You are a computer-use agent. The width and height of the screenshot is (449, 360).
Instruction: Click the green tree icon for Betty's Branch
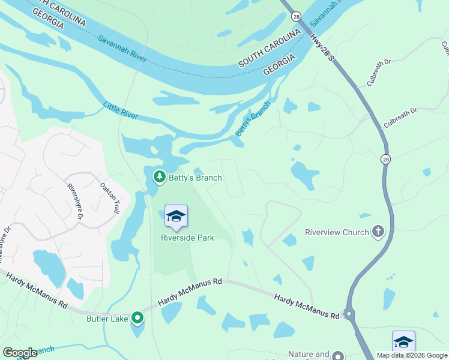(x=159, y=177)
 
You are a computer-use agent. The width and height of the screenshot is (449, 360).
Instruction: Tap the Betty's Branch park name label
(x=195, y=178)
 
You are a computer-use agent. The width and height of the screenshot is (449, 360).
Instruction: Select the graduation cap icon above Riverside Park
(x=176, y=217)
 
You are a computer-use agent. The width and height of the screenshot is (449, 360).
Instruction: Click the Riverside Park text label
(x=187, y=238)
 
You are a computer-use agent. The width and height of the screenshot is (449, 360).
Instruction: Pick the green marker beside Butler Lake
(x=137, y=318)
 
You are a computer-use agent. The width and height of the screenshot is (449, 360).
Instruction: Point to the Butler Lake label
(x=107, y=319)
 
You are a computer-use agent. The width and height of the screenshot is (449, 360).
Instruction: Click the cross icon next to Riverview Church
(x=378, y=232)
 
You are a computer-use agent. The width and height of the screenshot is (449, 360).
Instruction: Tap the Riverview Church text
(x=337, y=232)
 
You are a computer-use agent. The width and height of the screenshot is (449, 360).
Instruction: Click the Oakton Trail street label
(x=109, y=199)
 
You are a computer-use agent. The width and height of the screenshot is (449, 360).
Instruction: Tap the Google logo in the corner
(x=20, y=353)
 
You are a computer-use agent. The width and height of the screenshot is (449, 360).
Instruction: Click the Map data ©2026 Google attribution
(x=412, y=355)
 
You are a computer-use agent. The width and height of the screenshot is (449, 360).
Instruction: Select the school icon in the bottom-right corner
(x=403, y=343)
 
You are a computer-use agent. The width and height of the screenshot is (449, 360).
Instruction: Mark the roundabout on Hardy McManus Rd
(x=349, y=314)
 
